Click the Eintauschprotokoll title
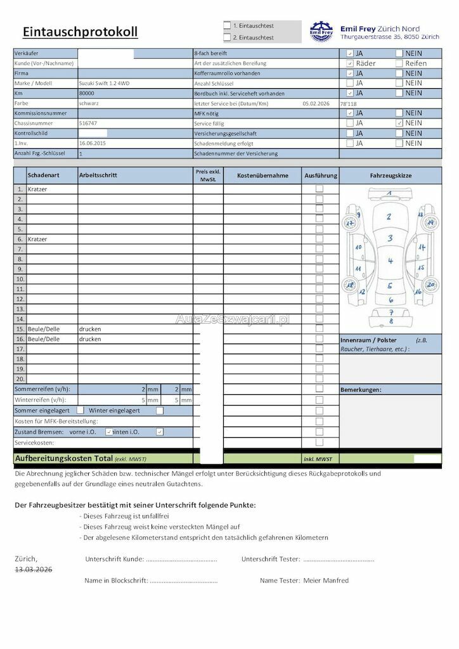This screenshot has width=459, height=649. pos(80,32)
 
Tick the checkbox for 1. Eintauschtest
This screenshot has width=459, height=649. pos(227,26)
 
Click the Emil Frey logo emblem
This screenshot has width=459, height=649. pos(321,31)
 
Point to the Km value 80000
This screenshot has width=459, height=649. pos(87,93)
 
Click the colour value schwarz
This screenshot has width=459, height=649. pos(89,103)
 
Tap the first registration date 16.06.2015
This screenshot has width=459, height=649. pos(93,144)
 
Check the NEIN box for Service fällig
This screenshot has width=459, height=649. pos(399,123)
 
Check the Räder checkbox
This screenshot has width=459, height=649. pos(350,63)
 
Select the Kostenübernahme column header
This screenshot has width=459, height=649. pos(262,176)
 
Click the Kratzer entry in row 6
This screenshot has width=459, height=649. pos(37,239)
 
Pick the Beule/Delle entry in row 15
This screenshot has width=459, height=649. pos(43,330)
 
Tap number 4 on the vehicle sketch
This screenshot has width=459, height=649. pos(391,260)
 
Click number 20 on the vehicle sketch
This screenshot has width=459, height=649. pos(430,285)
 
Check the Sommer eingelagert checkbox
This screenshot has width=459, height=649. pos(81,411)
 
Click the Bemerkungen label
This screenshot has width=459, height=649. pos(361,389)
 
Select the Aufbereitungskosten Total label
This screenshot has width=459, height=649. pos(63,458)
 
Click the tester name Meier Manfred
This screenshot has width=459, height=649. pos(326,580)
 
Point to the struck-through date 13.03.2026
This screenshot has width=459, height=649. pos(34,570)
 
